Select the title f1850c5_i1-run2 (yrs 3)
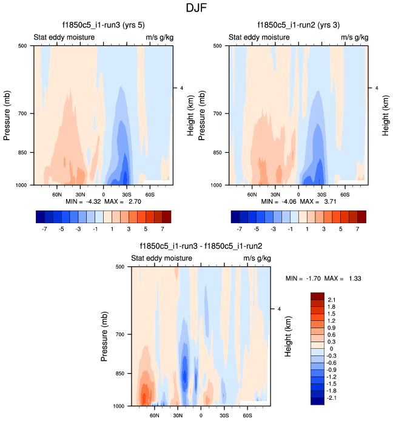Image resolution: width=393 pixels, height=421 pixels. tap(298, 25)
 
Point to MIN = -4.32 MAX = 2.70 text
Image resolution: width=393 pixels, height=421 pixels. tap(103, 201)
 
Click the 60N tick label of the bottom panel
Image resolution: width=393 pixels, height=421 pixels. tap(154, 416)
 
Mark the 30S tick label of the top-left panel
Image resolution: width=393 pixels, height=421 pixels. tap(126, 194)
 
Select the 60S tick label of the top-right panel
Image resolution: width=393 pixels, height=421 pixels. tap(344, 194)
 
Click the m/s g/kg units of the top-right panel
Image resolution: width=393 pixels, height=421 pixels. tap(354, 38)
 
